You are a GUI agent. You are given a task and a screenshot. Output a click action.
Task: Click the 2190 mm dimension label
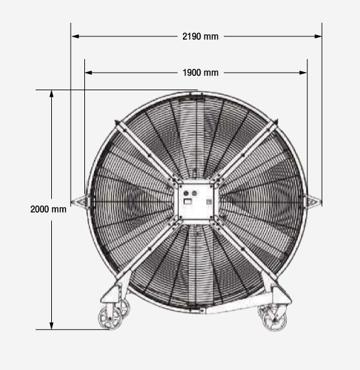pos(200,36)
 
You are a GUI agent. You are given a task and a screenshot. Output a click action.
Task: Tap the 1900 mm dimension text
pos(200,73)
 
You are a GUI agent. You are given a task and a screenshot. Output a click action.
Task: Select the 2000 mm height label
pos(49,209)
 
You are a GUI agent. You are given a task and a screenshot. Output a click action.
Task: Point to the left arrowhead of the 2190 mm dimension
pos(75,36)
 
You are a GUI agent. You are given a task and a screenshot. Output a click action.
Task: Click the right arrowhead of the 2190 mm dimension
pos(318,36)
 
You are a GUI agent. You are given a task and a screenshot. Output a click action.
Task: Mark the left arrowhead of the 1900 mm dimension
pos(89,73)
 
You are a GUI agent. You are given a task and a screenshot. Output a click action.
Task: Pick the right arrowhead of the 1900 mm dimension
pos(303,73)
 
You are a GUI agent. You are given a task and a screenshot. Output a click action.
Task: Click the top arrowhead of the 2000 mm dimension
pos(51,93)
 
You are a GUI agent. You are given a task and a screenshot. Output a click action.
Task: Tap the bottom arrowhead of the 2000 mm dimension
pos(51,326)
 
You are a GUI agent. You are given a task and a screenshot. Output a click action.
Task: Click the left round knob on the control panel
pos(186,193)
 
